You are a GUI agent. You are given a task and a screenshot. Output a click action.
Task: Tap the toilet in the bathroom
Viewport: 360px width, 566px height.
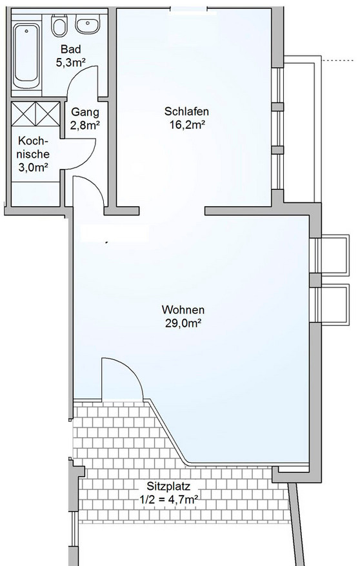pyautogui.click(x=59, y=25)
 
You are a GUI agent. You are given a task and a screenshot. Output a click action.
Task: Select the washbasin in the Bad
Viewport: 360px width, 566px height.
pyautogui.click(x=86, y=24)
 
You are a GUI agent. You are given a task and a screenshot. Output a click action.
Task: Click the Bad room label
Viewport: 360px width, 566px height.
pyautogui.click(x=71, y=49)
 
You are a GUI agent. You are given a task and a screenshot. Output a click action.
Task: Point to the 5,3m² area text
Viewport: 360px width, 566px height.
pyautogui.click(x=70, y=63)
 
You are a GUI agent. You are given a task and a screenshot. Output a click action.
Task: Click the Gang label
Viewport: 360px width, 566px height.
pyautogui.click(x=85, y=112)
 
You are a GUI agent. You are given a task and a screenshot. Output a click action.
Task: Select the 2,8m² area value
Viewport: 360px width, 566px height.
pyautogui.click(x=85, y=125)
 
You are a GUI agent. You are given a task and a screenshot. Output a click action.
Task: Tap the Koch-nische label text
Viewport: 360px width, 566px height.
pyautogui.click(x=34, y=147)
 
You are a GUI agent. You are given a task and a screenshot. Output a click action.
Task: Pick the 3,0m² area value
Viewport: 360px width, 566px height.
pyautogui.click(x=34, y=167)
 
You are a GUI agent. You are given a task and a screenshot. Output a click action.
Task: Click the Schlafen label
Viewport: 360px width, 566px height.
pyautogui.click(x=186, y=111)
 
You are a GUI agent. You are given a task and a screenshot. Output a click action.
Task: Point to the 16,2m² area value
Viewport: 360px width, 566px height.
pyautogui.click(x=187, y=125)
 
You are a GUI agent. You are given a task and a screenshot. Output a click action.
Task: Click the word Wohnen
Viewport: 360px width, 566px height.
pyautogui.click(x=183, y=309)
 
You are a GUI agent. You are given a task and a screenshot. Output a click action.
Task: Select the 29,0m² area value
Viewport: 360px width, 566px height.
pyautogui.click(x=183, y=324)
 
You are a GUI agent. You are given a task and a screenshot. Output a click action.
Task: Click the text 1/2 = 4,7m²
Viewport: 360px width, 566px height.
pyautogui.click(x=169, y=500)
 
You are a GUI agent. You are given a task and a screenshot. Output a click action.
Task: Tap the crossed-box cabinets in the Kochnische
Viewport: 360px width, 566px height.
pyautogui.click(x=35, y=113)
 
